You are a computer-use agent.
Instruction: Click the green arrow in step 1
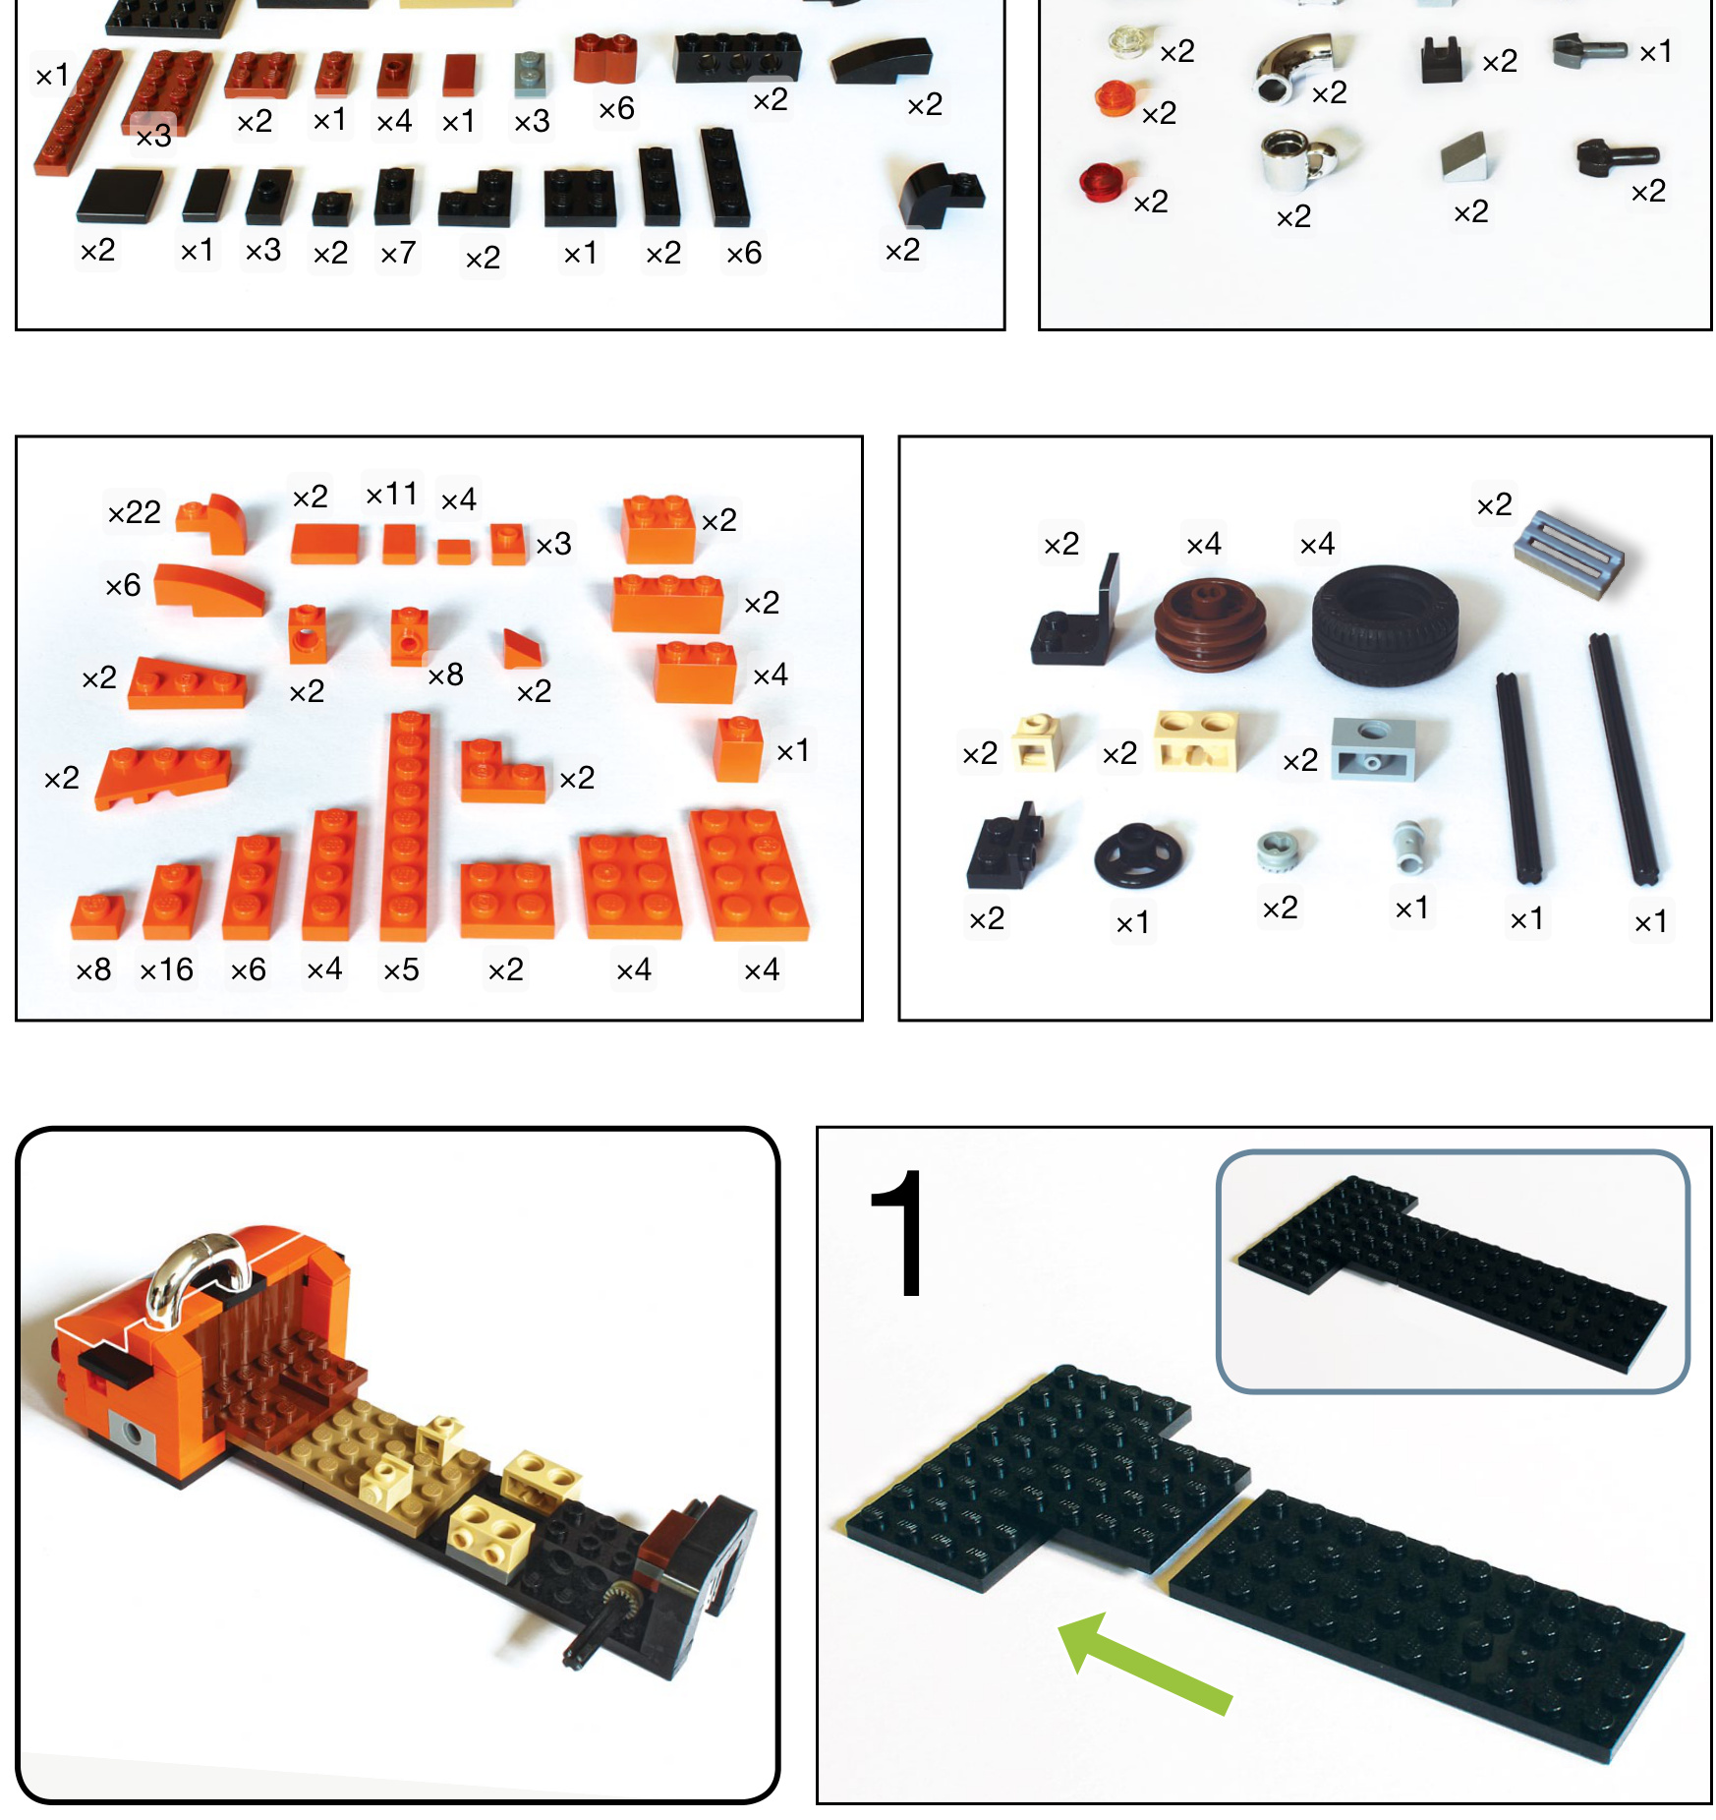[x=1143, y=1663]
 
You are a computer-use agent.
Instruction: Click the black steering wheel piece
[x=1138, y=853]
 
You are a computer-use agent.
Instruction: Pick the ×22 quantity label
[x=134, y=512]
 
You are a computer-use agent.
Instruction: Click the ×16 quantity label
[x=166, y=970]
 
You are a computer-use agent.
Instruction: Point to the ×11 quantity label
[x=391, y=494]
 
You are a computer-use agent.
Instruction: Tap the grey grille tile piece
[x=1568, y=554]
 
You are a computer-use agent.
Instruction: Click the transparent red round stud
[x=1102, y=181]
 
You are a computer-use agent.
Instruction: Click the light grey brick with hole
[x=1374, y=749]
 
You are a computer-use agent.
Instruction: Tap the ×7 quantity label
[x=398, y=254]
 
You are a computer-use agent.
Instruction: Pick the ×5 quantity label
[x=401, y=970]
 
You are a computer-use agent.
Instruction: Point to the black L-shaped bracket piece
[x=1075, y=614]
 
